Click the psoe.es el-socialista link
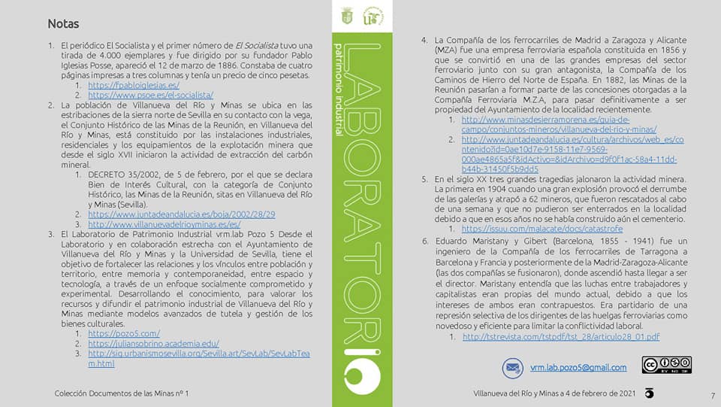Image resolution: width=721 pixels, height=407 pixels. [x=150, y=95]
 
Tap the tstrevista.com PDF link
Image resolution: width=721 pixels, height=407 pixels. [x=561, y=336]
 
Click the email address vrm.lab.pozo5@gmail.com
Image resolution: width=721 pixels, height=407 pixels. [x=578, y=367]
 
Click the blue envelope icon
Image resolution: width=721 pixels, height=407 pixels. [x=513, y=368]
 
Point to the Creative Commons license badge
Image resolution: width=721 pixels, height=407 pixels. [x=666, y=366]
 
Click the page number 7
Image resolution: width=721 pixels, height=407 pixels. [x=712, y=396]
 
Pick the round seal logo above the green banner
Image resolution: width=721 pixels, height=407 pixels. [x=373, y=17]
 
